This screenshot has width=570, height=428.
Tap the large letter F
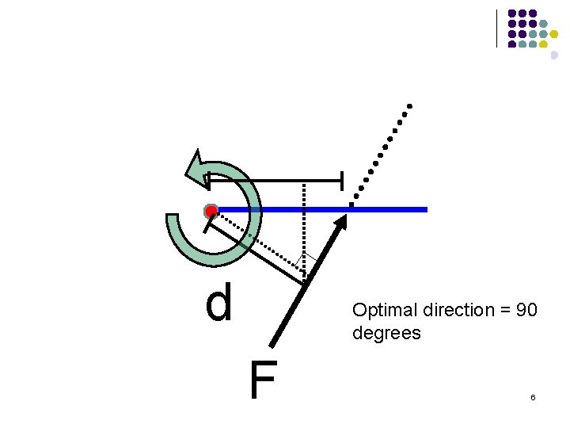[263, 381]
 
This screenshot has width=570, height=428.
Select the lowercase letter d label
[219, 304]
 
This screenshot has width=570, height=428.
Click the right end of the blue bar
[425, 209]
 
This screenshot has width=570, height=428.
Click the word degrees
[386, 334]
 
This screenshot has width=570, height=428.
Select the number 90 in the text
[526, 310]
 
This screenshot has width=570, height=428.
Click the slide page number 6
[533, 397]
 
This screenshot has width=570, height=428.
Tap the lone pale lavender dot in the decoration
[554, 55]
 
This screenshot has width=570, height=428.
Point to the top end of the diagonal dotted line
[409, 105]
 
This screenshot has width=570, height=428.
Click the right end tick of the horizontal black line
[341, 181]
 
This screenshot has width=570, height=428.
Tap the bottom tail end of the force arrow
[271, 345]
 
